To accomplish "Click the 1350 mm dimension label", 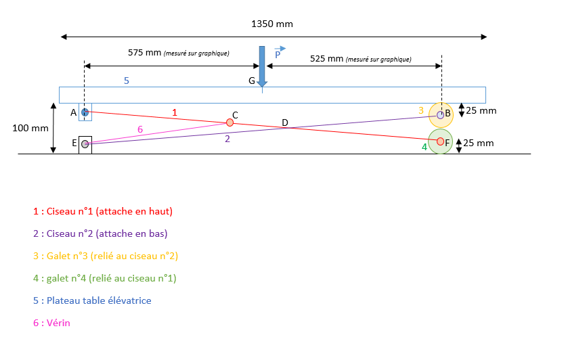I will point(272,24).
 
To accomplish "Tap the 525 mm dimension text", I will point(327,58).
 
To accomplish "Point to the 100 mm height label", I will point(26,127).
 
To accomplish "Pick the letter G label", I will point(252,81).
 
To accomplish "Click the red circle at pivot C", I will point(230,122).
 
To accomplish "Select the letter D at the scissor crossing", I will point(285,122).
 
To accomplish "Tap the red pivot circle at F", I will point(440,141).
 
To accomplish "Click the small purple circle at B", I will point(440,115).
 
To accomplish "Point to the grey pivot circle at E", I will point(85,143).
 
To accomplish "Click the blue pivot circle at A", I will point(85,112).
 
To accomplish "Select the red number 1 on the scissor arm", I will point(174,112).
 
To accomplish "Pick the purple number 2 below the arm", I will point(227,139).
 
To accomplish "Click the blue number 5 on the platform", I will point(126,81).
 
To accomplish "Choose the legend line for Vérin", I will point(51,323).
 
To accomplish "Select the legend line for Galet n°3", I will point(105,256).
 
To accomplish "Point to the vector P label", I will point(278,55).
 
